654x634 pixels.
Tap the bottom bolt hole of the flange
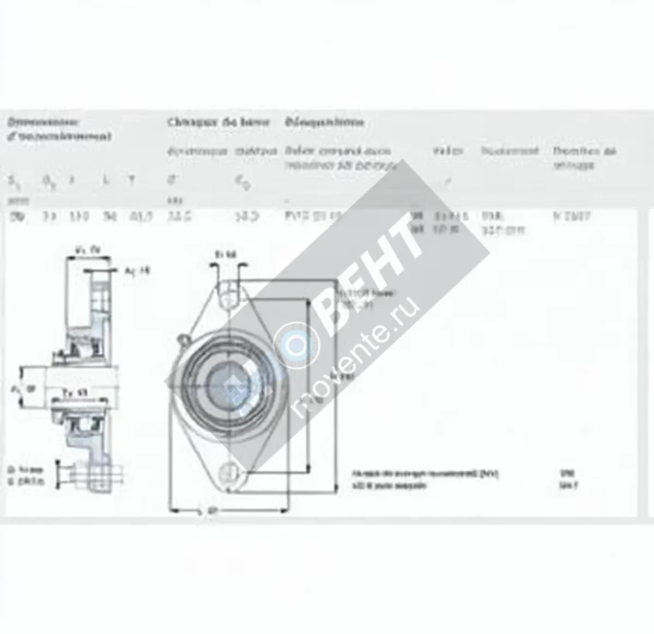point(228,469)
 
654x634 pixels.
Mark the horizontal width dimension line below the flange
point(228,511)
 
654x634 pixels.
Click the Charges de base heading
point(218,122)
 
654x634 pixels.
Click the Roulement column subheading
point(510,151)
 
